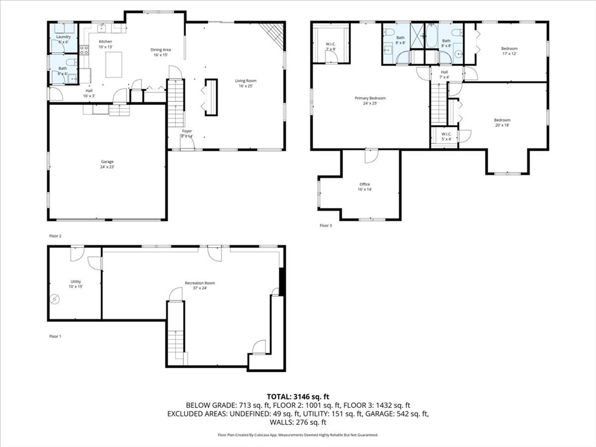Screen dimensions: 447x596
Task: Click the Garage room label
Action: [x=107, y=164]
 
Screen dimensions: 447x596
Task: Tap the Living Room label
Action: [x=246, y=83]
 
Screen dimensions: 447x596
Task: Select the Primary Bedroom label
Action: [x=370, y=101]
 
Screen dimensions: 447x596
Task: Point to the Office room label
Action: [x=364, y=187]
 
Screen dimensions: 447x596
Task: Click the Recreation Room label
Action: [x=200, y=285]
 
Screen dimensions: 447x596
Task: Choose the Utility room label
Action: [x=76, y=284]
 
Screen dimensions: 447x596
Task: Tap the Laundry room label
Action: [x=63, y=40]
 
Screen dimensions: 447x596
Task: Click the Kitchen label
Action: [x=105, y=44]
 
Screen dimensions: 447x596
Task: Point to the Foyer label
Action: [x=187, y=133]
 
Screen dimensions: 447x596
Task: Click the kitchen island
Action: [x=113, y=65]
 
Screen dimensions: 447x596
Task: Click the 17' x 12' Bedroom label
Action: [x=509, y=51]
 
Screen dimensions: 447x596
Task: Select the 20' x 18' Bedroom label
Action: [x=502, y=122]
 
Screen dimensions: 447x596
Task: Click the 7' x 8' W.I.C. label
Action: [x=331, y=47]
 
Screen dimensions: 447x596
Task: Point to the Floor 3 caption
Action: [x=325, y=225]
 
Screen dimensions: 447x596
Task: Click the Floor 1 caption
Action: [x=55, y=336]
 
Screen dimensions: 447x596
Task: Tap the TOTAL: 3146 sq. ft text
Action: [x=297, y=396]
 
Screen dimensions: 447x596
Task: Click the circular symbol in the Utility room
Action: [x=55, y=299]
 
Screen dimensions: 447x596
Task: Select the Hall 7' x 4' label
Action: [x=444, y=74]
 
